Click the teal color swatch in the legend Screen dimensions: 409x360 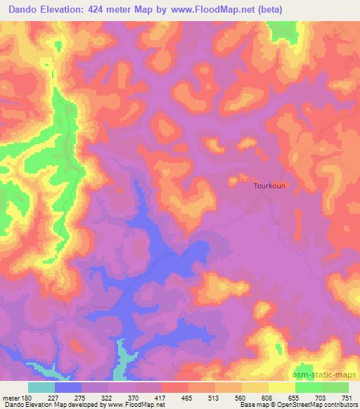41,388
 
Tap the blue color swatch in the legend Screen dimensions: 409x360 67,388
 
